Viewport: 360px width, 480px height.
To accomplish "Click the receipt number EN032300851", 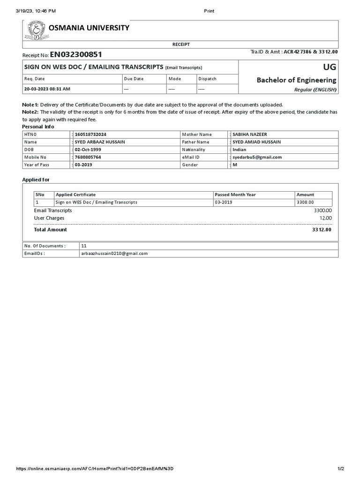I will click(x=72, y=55).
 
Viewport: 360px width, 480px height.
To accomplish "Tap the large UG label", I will click(x=329, y=67).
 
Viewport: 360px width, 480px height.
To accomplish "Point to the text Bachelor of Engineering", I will click(x=296, y=80).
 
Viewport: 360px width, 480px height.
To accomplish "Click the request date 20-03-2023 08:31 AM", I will click(x=47, y=89).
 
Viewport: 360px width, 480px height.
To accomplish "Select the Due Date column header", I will click(x=134, y=79).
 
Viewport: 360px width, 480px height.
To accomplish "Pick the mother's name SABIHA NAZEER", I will click(x=250, y=135).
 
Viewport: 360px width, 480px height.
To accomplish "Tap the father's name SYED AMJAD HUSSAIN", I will click(x=256, y=142).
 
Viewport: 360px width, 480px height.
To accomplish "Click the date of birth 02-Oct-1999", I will click(x=88, y=150).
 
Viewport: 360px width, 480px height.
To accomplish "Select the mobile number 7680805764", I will click(x=88, y=157).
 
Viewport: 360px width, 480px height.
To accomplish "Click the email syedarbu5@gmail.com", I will click(x=257, y=157).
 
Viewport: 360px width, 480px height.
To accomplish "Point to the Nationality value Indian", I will click(x=240, y=150).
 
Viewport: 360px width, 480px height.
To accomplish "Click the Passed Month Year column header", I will click(x=235, y=195).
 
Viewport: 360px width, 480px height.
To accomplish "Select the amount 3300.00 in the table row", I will click(x=305, y=202).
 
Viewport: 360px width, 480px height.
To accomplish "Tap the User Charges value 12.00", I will click(x=325, y=218).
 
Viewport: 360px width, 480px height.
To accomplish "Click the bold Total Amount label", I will click(x=51, y=230).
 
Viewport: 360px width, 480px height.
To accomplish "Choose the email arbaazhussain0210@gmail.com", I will click(x=114, y=253).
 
